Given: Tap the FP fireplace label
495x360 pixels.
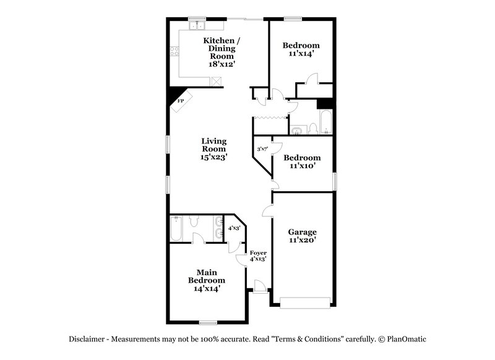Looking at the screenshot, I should tap(181, 101).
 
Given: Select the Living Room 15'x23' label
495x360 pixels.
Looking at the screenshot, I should tap(213, 149).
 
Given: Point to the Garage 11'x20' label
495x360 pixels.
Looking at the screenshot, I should tap(303, 236).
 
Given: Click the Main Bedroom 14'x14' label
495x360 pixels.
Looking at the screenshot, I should tap(207, 280).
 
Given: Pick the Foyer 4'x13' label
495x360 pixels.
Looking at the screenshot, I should tap(257, 255).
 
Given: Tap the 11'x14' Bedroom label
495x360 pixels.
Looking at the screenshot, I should tap(301, 49).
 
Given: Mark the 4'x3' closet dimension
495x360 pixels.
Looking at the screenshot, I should tap(234, 228).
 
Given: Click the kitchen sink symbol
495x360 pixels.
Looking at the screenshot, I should tap(198, 26).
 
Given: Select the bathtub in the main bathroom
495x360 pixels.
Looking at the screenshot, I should tap(176, 228).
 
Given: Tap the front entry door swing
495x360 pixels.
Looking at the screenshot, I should tap(260, 285).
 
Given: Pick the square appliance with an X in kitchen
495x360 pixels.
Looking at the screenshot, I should tap(217, 80).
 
